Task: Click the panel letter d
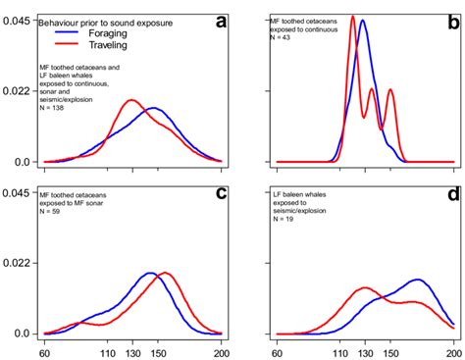(452, 193)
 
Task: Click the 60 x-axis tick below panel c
(44, 351)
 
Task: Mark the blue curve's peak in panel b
(363, 24)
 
